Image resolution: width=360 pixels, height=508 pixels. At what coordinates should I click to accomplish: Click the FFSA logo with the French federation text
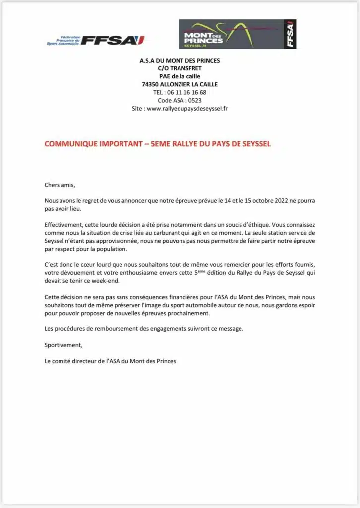click(x=95, y=40)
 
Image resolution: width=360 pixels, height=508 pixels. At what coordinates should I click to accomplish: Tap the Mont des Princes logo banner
click(x=237, y=34)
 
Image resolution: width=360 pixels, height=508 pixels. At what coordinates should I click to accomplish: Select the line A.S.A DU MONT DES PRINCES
click(x=180, y=61)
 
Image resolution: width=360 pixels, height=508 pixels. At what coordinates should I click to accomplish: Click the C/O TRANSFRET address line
click(x=180, y=68)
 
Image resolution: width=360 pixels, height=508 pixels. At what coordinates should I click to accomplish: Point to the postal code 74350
click(x=150, y=84)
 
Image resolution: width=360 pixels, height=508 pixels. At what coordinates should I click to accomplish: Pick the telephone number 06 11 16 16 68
click(x=186, y=92)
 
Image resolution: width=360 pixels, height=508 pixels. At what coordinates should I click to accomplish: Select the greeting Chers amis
click(x=60, y=185)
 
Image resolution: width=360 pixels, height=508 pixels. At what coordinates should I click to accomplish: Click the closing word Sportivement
click(x=63, y=344)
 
